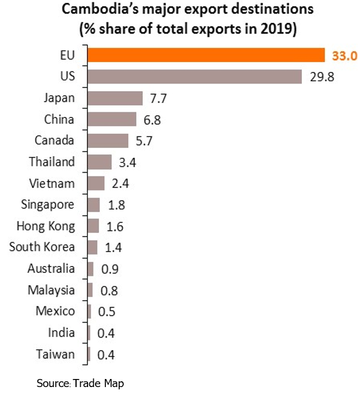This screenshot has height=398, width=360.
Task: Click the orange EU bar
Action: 206,55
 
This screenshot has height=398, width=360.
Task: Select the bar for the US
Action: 195,77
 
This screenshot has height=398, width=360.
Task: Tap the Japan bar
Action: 115,98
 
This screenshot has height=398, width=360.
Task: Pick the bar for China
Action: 112,119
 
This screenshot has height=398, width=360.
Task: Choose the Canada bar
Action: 108,141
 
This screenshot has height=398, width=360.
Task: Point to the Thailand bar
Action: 100,162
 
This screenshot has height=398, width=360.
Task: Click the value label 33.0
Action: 345,56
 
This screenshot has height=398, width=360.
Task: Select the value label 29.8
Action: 322,77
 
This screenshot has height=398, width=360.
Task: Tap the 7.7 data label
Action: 158,98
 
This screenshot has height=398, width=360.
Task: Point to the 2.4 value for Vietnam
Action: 121,184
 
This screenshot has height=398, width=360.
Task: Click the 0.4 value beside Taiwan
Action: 106,355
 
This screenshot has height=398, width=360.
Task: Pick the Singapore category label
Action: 48,204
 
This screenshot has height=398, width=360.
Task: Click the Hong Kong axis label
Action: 46,226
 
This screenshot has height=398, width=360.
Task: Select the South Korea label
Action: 42,247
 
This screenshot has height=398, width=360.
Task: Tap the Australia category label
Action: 51,268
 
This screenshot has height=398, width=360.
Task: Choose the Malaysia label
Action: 51,290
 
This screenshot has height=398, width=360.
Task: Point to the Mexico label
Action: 55,311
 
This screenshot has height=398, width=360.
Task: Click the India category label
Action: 62,332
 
